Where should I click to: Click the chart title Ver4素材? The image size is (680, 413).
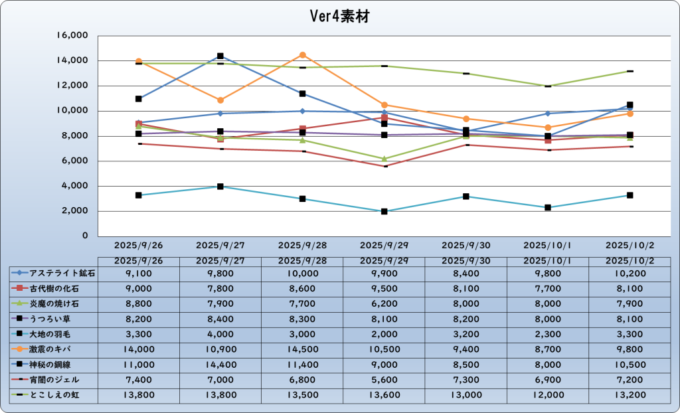[339, 17]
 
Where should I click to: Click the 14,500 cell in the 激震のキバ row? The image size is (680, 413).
[302, 348]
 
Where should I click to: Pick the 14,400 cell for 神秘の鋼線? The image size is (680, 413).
[220, 364]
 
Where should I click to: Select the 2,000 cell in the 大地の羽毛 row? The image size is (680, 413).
[384, 333]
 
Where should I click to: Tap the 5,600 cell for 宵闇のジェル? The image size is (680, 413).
[384, 380]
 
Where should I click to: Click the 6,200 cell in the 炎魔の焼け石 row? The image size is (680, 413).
[384, 303]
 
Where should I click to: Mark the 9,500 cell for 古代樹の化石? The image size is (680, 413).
[384, 288]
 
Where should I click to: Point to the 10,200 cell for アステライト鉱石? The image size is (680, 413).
[630, 272]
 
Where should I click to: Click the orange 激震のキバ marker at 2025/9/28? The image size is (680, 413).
[302, 55]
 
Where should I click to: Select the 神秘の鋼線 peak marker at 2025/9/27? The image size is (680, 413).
[220, 56]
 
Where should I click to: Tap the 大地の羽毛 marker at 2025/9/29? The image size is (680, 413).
[384, 211]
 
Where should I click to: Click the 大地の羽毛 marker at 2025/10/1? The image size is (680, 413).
[548, 208]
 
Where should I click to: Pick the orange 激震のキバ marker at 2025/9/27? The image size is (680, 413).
[220, 100]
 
